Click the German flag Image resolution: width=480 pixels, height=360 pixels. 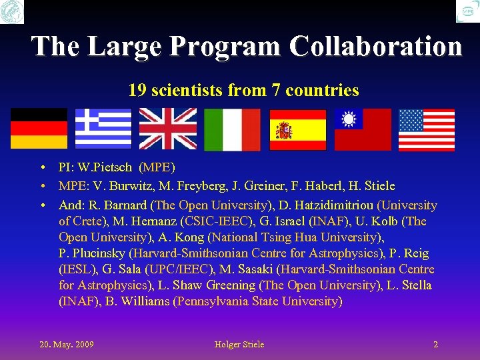tap(39, 128)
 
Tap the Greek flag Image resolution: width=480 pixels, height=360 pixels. tap(103, 128)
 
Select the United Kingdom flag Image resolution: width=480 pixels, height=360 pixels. tap(167, 128)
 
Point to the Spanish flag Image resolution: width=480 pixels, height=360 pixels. tap(297, 129)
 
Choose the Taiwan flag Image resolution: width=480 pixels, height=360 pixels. tap(363, 129)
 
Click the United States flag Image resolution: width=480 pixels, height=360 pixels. tap(427, 129)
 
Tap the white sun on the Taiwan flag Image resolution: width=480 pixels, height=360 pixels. tap(348, 119)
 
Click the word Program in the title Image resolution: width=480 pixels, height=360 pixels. tap(227, 47)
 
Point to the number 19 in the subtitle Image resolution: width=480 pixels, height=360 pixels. tap(137, 90)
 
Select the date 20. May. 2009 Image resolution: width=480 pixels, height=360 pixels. tap(67, 345)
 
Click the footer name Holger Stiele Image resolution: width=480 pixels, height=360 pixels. tap(239, 345)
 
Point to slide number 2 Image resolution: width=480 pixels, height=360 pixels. tap(435, 345)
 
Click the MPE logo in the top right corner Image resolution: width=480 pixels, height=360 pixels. tap(467, 11)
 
